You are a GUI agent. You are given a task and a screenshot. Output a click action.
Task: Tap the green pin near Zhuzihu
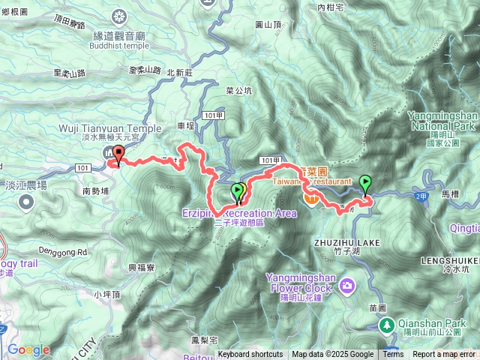[364, 182]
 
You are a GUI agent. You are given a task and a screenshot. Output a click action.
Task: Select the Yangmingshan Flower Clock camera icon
[346, 285]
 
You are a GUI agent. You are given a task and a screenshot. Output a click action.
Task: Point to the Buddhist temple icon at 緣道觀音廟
[119, 16]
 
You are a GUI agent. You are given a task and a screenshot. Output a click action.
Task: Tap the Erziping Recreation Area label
[239, 214]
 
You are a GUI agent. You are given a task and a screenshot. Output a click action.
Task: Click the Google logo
[28, 349]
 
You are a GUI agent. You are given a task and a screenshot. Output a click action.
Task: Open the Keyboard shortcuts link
[250, 355]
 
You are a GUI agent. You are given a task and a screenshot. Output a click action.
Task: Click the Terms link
[393, 355]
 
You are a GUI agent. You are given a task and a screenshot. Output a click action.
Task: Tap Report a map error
[445, 355]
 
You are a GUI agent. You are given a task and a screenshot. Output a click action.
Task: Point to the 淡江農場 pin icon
[27, 201]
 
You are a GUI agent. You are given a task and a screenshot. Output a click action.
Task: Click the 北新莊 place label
[181, 73]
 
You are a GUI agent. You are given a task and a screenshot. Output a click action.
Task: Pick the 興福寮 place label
[141, 266]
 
